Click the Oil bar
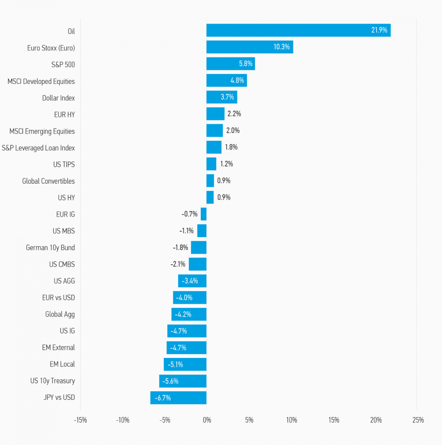coord(298,31)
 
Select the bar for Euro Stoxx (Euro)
coord(249,47)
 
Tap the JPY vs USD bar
coord(178,397)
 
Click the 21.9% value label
coord(379,31)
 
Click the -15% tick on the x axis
coord(80,420)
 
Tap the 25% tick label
coord(418,420)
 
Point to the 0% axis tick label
coord(206,420)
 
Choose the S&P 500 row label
coord(63,65)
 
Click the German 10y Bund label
coord(50,248)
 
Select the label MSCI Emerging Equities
coord(42,131)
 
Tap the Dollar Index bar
coord(221,97)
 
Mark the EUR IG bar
coord(204,214)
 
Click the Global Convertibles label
coord(48,181)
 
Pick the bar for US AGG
coord(192,281)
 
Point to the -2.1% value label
coord(178,265)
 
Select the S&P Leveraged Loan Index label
coord(38,148)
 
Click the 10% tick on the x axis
coord(292,420)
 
